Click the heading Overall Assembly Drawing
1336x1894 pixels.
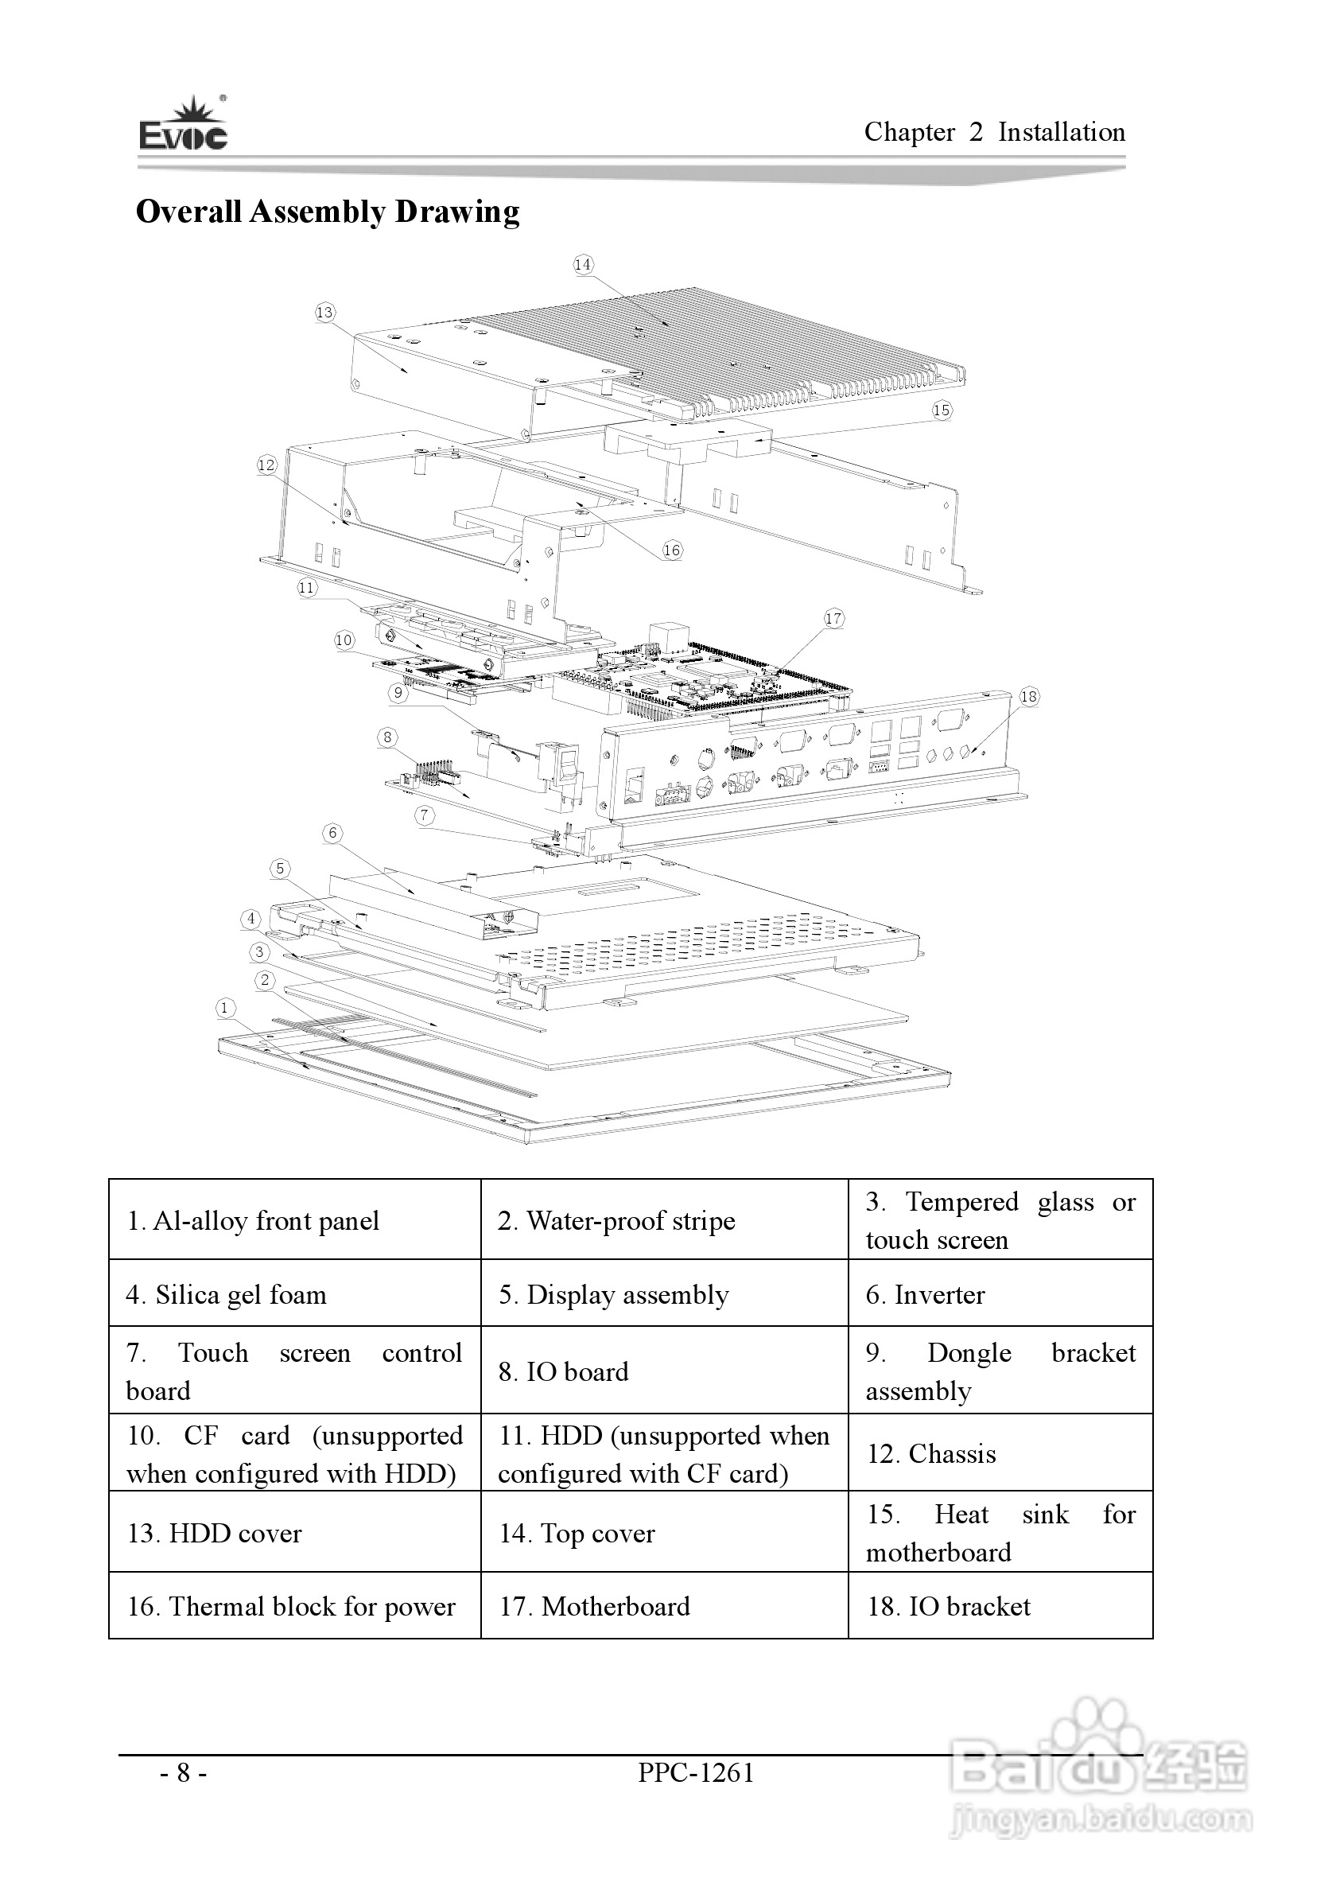328,212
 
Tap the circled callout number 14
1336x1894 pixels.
583,264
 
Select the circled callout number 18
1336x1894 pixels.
1029,697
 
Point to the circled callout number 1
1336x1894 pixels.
224,1007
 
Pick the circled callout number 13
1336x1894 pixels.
325,312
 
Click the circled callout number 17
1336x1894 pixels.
833,619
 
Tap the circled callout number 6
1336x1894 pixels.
332,832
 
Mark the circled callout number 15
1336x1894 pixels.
942,410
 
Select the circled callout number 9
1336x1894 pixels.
398,693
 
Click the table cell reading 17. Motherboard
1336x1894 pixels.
664,1606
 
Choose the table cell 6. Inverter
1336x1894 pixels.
1000,1294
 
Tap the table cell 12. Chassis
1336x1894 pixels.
1000,1453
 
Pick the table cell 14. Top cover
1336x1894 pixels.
664,1533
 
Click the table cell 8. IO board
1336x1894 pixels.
664,1371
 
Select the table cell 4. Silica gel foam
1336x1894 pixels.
294,1294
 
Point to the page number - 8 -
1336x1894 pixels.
183,1773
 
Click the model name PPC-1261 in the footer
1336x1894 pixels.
696,1773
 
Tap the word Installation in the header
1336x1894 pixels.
1062,132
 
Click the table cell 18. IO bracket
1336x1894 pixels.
1000,1606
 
